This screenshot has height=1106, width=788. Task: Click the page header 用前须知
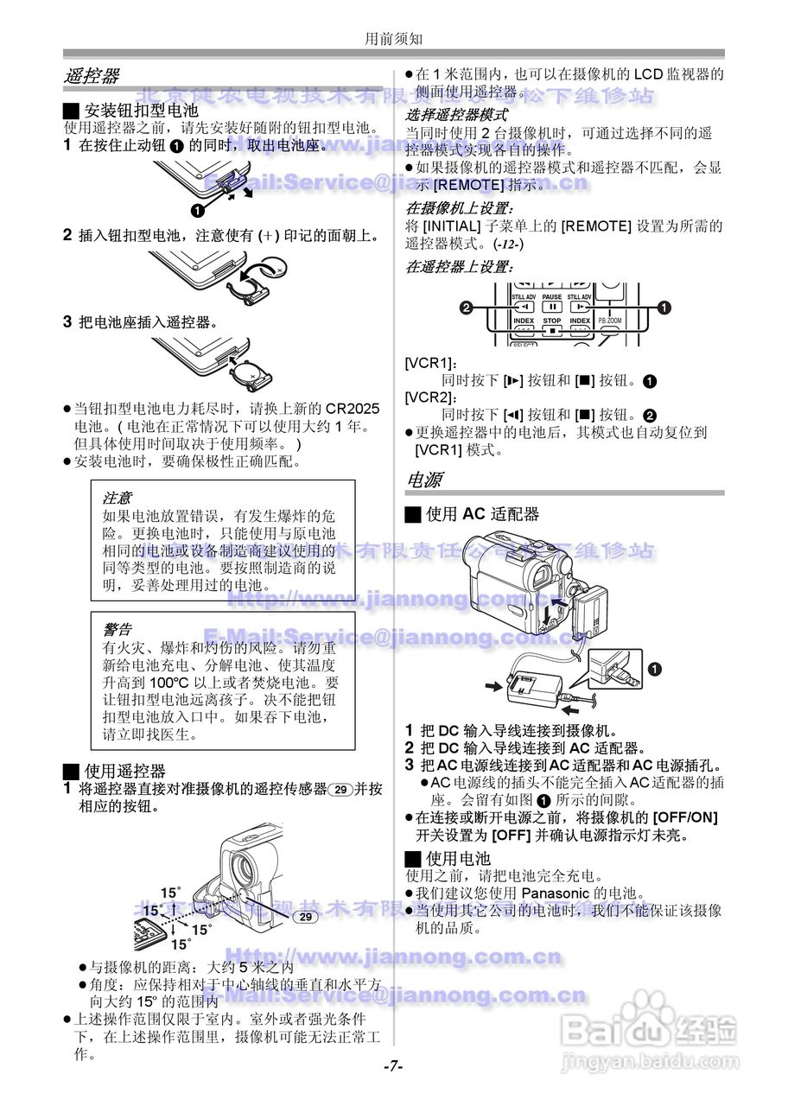(x=393, y=38)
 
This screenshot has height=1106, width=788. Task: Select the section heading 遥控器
(x=92, y=76)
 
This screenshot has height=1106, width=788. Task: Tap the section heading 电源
(x=424, y=480)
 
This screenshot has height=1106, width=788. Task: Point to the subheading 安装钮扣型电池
(x=141, y=111)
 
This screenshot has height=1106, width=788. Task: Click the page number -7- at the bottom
(x=393, y=1066)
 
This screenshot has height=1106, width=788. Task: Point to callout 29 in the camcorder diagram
(x=304, y=916)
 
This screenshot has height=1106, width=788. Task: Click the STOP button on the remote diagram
(x=552, y=326)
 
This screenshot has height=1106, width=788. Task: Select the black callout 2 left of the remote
(x=467, y=308)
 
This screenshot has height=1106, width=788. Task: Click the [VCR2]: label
(x=430, y=397)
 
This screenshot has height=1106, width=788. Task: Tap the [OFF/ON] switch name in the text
(x=685, y=817)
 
